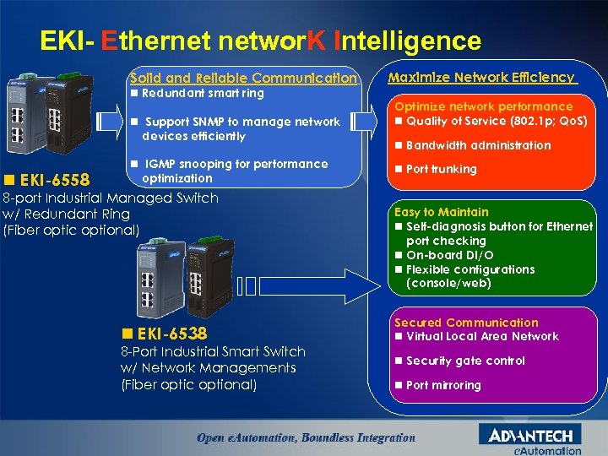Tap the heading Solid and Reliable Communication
(x=243, y=78)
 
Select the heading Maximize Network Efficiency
(x=480, y=77)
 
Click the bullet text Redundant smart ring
(x=203, y=93)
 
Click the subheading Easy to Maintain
(x=441, y=212)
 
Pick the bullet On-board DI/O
(x=450, y=255)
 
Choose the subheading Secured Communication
(x=466, y=323)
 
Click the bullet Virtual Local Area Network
(x=482, y=336)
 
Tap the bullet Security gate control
(x=465, y=361)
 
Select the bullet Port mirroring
(x=443, y=385)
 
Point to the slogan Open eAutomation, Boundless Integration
(x=306, y=437)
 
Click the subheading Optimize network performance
(x=483, y=106)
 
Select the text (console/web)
(x=448, y=283)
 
